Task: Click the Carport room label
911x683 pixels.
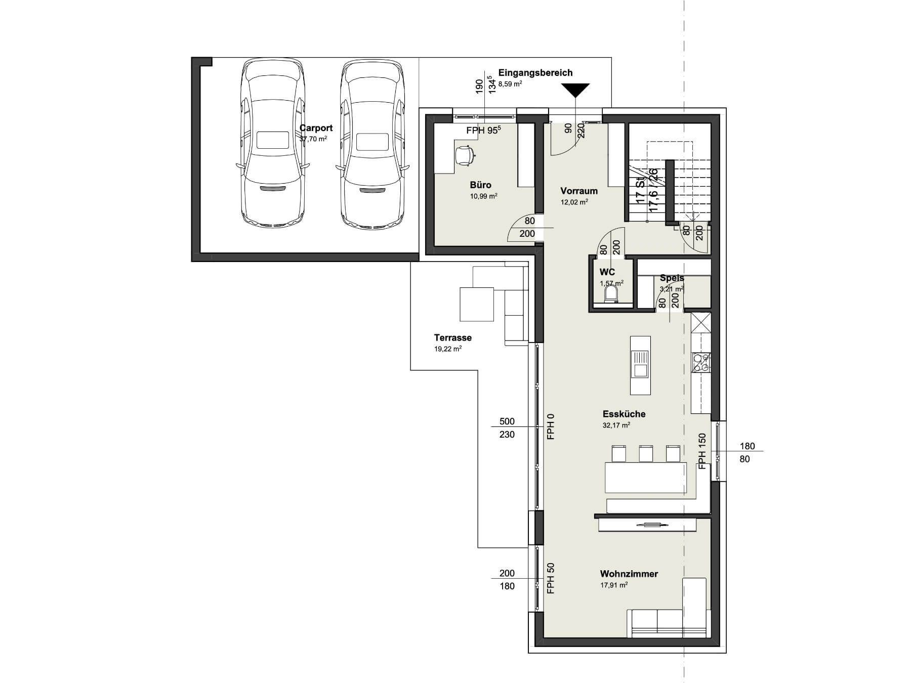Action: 316,128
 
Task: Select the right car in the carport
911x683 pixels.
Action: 373,143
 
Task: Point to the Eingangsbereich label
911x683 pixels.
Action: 535,72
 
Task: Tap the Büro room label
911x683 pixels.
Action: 480,185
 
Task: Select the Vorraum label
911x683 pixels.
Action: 579,191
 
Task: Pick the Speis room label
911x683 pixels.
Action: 672,278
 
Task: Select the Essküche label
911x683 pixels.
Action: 624,414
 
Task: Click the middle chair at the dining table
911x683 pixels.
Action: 645,453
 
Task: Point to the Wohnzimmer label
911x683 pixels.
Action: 629,574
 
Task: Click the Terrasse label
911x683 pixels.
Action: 452,337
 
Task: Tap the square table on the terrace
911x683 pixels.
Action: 476,304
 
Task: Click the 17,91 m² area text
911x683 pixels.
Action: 614,585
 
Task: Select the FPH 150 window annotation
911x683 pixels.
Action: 702,451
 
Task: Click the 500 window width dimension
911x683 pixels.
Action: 507,421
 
